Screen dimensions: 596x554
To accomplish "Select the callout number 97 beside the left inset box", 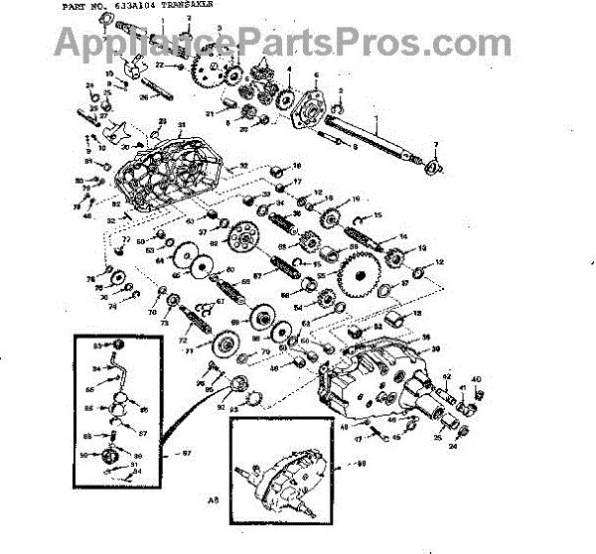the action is point(183,454).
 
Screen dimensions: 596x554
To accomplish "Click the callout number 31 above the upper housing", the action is point(182,126).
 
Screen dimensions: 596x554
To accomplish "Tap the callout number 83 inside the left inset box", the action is point(98,345).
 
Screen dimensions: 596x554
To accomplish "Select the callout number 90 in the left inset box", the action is point(96,454).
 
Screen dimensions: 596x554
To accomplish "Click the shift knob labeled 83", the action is point(116,346).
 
